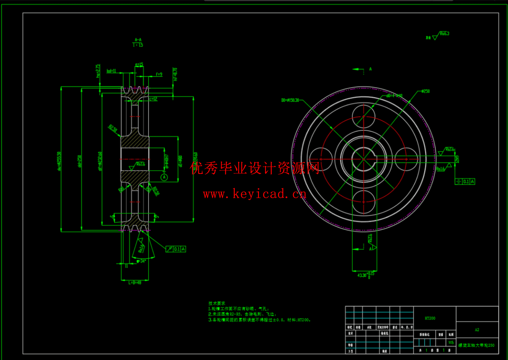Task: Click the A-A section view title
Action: click(138, 42)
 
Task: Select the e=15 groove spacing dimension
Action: click(139, 65)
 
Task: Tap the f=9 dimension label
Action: click(158, 74)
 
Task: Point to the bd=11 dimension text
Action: click(111, 71)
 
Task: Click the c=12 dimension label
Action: click(153, 99)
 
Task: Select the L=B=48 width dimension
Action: click(135, 283)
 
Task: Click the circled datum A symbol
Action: click(164, 177)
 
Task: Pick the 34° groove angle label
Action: click(141, 261)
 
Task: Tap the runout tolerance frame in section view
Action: click(176, 249)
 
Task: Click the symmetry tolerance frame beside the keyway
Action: click(465, 182)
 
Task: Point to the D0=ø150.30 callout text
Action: click(290, 100)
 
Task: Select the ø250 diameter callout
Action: click(425, 91)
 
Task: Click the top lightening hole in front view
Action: click(363, 116)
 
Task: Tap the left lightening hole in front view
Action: click(321, 159)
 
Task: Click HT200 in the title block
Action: click(430, 319)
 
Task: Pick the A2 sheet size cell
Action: click(477, 330)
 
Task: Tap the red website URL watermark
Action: click(255, 194)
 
